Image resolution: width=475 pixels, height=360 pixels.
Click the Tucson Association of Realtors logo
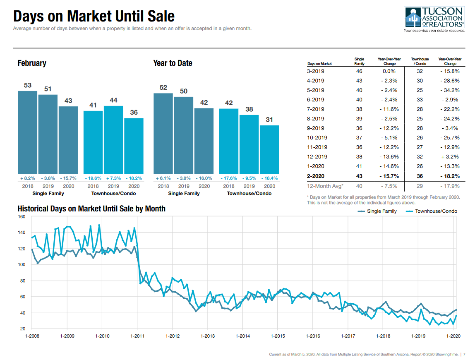[x=434, y=19]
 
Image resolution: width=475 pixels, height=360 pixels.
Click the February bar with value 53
[x=27, y=132]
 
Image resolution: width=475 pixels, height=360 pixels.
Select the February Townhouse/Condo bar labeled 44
[x=113, y=139]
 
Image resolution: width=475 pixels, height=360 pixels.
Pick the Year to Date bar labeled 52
[x=163, y=133]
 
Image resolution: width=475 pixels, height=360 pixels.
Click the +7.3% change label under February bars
[x=113, y=178]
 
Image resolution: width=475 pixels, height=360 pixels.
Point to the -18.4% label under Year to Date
[x=269, y=178]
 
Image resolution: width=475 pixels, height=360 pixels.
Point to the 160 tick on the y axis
[x=22, y=217]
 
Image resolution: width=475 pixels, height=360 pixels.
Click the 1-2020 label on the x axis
[x=454, y=336]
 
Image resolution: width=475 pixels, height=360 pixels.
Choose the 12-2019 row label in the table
[x=317, y=157]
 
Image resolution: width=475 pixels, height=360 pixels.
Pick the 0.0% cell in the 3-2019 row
[x=389, y=71]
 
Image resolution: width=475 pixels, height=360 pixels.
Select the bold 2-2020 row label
[x=316, y=176]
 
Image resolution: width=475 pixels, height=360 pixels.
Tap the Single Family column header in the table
[x=359, y=61]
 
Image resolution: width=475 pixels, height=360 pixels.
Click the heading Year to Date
[x=173, y=63]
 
